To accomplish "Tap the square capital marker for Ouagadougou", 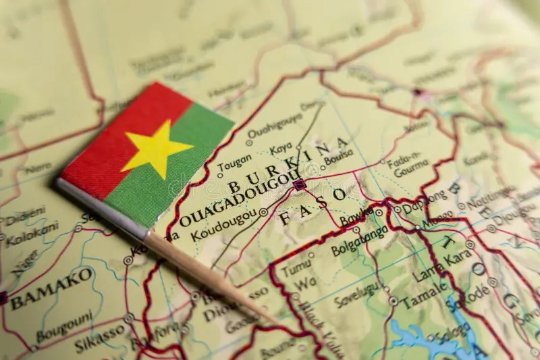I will click(x=300, y=183).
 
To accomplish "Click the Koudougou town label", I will click(x=222, y=227).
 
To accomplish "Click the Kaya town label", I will click(x=281, y=149).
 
